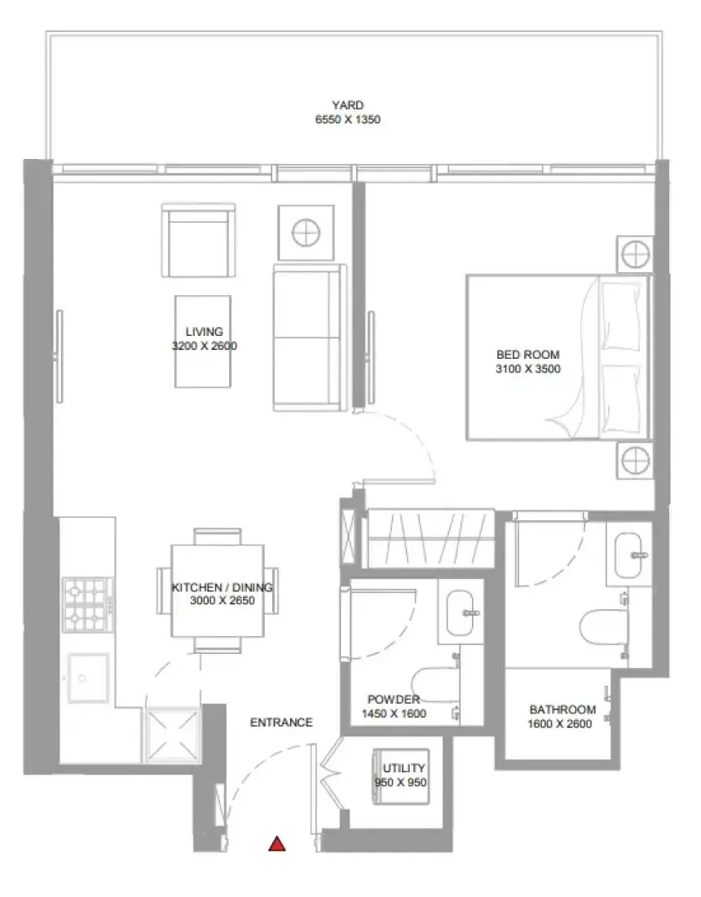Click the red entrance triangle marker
click(x=277, y=844)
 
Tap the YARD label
click(x=347, y=105)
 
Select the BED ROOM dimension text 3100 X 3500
click(x=527, y=369)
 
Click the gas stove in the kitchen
click(x=87, y=605)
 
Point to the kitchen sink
click(x=88, y=678)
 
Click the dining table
click(x=218, y=591)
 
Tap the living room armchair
click(x=198, y=240)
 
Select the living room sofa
click(x=310, y=338)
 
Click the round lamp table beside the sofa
click(x=306, y=233)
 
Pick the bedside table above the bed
click(x=635, y=254)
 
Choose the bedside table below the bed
click(x=635, y=460)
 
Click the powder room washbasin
click(x=461, y=612)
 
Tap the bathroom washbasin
click(x=630, y=555)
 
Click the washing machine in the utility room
click(x=401, y=776)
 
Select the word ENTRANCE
click(x=281, y=722)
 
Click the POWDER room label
click(x=394, y=699)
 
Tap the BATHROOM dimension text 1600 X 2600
click(x=560, y=723)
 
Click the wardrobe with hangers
click(x=430, y=537)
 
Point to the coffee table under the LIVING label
click(x=203, y=342)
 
